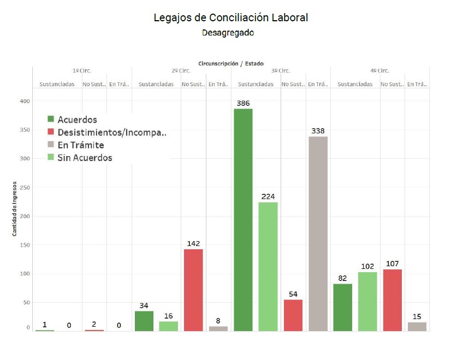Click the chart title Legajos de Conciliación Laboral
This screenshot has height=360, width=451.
231,17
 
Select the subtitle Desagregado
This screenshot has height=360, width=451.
228,33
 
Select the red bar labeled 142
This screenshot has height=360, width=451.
193,290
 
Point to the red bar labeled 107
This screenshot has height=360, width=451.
392,300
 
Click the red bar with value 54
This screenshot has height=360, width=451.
293,315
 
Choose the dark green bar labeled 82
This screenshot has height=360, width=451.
342,307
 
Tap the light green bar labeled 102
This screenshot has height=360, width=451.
367,301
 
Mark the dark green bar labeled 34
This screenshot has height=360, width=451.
144,321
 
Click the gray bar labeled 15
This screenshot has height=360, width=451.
417,326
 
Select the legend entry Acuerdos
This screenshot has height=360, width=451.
77,119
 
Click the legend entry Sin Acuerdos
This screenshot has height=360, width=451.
85,158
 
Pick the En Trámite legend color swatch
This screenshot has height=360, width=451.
51,145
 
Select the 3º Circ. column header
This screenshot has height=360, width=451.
281,71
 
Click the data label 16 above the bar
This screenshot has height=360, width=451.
168,316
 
